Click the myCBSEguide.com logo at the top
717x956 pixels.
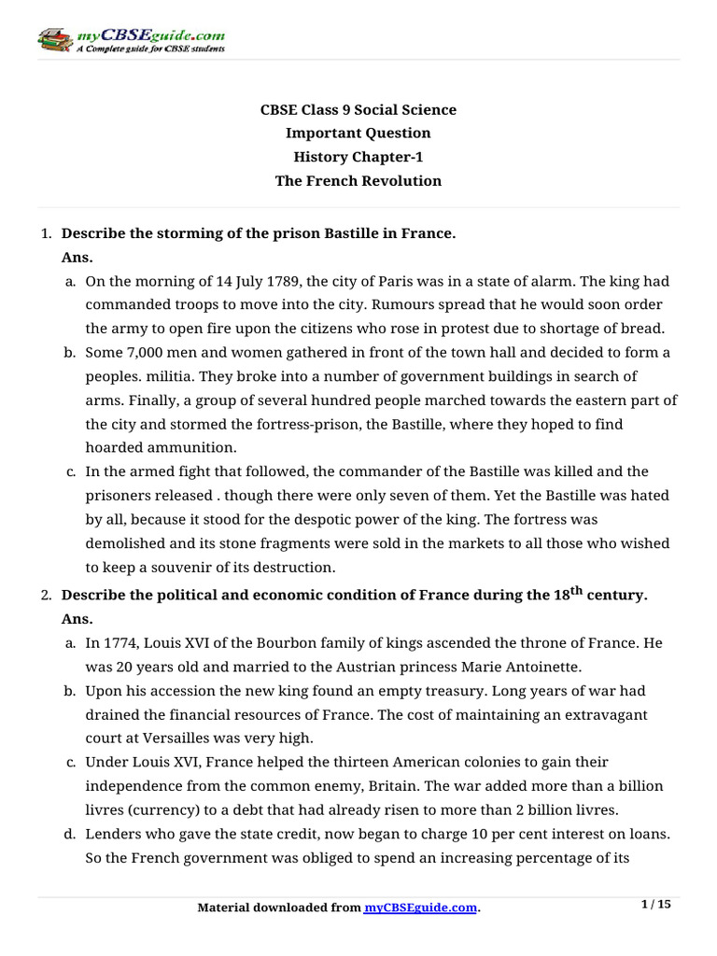click(131, 40)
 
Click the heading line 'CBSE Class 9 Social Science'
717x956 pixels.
click(358, 110)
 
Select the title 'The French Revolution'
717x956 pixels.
click(358, 181)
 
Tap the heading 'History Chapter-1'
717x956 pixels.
click(358, 157)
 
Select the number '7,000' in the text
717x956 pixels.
click(145, 353)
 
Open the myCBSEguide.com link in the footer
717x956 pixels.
click(420, 907)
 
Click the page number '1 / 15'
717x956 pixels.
click(657, 904)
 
